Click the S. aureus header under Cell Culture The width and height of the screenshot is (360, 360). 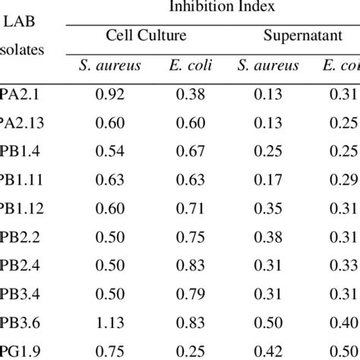click(x=110, y=66)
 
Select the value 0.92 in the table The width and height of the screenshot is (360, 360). click(x=110, y=95)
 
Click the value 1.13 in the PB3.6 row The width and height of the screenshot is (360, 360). click(x=110, y=324)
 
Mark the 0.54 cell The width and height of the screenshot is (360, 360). click(x=110, y=152)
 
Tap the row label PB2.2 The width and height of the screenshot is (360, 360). click(x=16, y=238)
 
